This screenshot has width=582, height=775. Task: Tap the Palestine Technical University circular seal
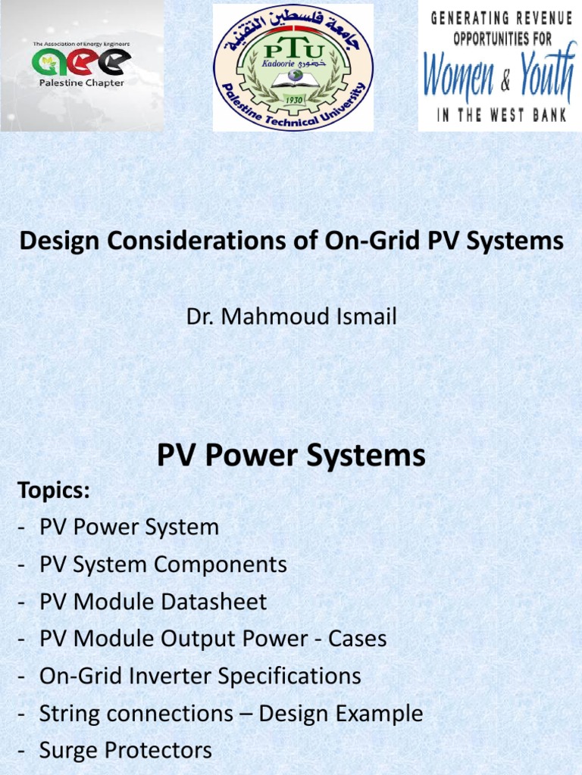point(293,67)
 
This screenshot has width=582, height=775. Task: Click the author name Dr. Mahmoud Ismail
point(291,316)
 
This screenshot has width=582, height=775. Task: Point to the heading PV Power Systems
point(291,456)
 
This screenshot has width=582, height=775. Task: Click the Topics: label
point(54,490)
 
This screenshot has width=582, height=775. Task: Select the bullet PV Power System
point(129,528)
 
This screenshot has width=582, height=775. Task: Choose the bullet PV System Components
point(163,565)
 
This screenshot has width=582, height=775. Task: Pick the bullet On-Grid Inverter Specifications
point(200,676)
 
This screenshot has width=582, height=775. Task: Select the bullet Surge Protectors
point(126,750)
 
